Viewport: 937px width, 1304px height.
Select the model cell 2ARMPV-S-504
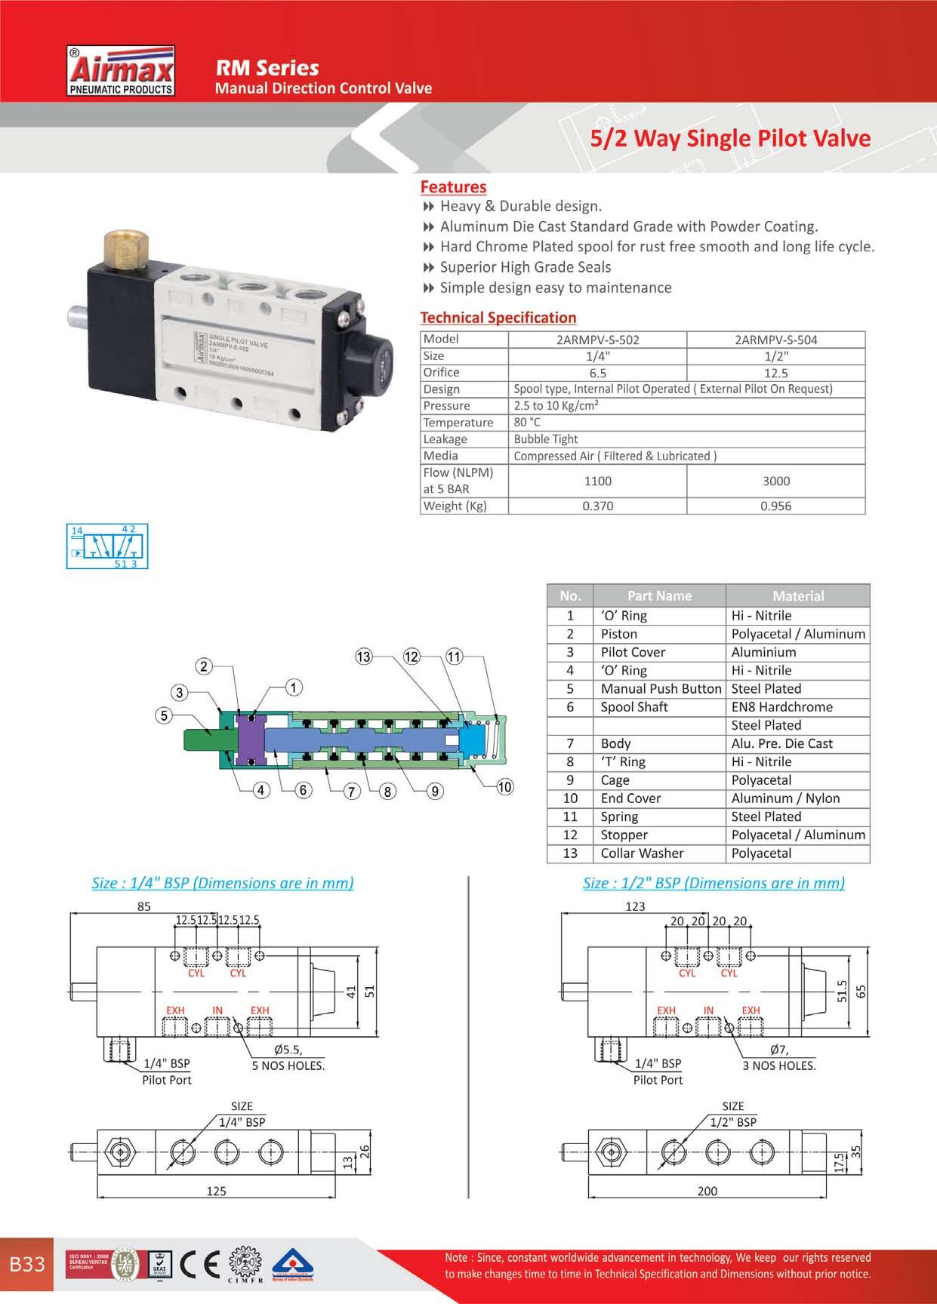tap(775, 340)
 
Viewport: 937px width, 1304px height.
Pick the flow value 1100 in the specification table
tap(597, 481)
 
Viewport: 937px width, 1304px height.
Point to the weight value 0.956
tap(775, 506)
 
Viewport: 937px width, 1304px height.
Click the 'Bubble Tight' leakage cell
tap(545, 439)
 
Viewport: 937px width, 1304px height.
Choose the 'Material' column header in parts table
tap(797, 595)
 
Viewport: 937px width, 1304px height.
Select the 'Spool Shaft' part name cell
tap(634, 707)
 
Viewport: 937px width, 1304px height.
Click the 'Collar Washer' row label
tap(642, 853)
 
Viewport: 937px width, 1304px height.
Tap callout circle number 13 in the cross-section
tap(364, 657)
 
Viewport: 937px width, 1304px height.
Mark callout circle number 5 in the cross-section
tap(164, 715)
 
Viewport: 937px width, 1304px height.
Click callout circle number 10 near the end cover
tap(504, 787)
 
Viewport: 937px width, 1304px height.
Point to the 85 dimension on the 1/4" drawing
tap(143, 906)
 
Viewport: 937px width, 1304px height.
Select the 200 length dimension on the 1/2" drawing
tap(707, 1191)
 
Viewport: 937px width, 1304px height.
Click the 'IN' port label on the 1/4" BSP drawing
tap(217, 1010)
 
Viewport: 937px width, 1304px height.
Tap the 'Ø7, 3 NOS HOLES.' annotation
tap(779, 1057)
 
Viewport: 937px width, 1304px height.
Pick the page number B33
tap(27, 1264)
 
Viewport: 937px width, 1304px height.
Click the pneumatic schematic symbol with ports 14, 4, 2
tap(107, 546)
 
